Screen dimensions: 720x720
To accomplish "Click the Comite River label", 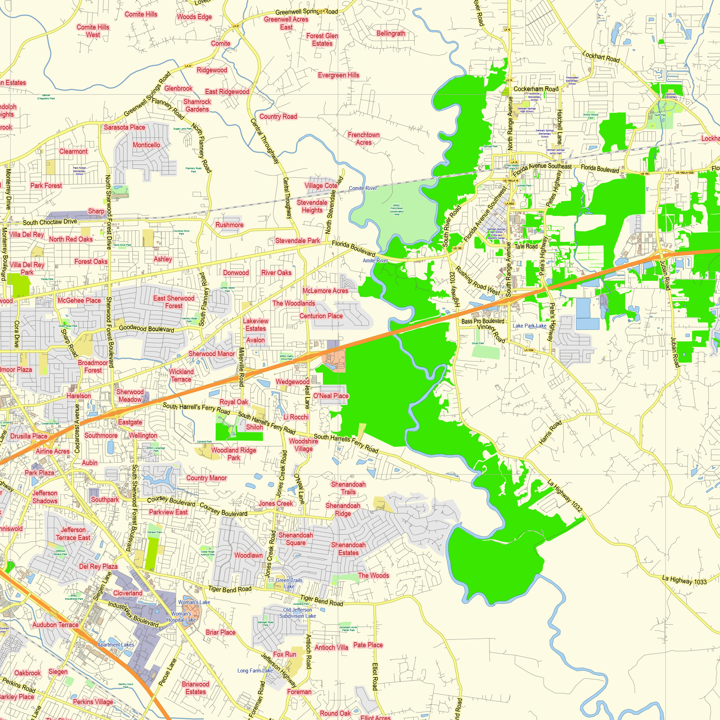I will [x=363, y=188].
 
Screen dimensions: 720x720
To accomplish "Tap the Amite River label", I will [x=375, y=261].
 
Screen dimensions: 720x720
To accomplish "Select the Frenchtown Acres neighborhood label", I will [x=363, y=138].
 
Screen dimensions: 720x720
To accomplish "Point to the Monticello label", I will [x=147, y=145].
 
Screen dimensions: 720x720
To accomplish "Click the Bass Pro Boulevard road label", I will [x=483, y=321].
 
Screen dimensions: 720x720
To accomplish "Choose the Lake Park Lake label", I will [x=529, y=326].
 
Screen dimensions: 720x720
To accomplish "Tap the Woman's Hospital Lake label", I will [x=181, y=617].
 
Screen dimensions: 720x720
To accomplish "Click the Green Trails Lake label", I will [x=289, y=583].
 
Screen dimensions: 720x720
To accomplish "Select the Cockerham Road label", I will [x=536, y=89].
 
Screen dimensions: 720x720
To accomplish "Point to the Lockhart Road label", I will [x=601, y=57].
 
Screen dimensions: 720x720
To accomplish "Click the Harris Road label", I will [x=550, y=433].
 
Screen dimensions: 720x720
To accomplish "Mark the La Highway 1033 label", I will [x=684, y=580].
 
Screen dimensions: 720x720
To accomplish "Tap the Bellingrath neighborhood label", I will [x=391, y=33].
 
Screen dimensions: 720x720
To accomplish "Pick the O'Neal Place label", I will [x=330, y=396].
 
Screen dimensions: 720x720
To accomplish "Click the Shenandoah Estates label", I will [x=348, y=549].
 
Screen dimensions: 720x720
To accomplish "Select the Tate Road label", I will [x=526, y=246].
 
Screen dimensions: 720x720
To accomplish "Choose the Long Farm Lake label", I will [x=255, y=670].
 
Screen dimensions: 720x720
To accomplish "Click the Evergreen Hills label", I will [x=338, y=75].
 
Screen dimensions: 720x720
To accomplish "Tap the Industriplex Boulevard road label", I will [x=133, y=614].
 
